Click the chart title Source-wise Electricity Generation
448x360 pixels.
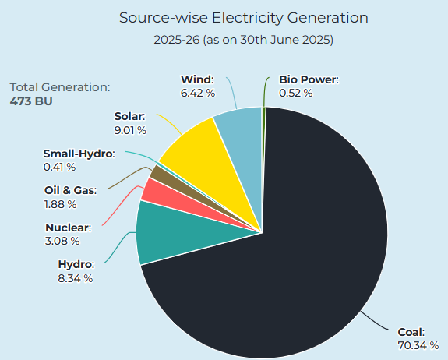coord(244,17)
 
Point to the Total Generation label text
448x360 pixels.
coord(60,88)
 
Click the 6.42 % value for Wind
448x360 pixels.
coord(196,93)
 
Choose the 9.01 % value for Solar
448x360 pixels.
coord(131,129)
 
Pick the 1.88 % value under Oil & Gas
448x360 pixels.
coord(60,204)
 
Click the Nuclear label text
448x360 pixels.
coord(69,228)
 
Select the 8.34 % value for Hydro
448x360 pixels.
coord(76,277)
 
